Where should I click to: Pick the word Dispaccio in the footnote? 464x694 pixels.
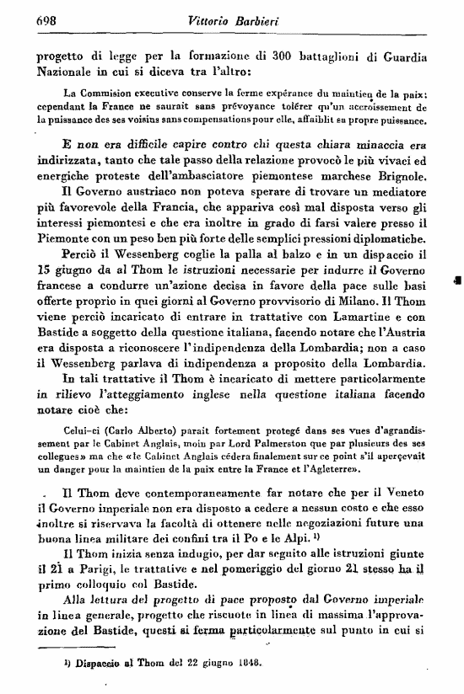(84, 662)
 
